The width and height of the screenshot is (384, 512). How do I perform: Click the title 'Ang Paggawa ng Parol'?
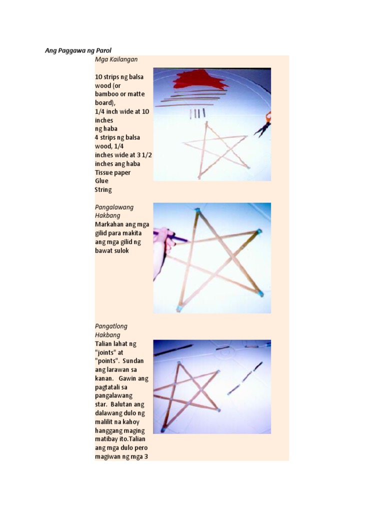78,51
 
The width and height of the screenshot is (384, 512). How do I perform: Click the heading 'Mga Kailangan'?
116,59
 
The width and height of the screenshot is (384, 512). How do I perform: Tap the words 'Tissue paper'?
112,172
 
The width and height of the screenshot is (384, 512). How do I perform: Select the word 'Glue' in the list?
101,181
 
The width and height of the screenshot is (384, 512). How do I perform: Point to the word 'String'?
103,190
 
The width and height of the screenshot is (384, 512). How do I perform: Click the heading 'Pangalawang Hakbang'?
114,211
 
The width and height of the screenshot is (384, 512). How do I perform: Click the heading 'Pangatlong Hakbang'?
111,330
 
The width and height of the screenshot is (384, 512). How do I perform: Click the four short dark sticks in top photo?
197,113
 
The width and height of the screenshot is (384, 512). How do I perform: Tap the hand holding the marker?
162,250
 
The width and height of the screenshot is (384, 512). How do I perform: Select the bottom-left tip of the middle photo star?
178,309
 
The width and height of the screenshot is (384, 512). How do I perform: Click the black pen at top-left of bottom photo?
173,349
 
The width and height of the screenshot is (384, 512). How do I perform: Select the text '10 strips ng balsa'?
119,77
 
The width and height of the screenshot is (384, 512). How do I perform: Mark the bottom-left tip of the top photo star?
199,176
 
